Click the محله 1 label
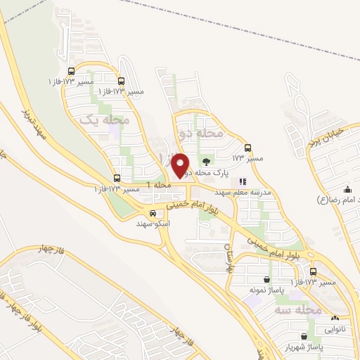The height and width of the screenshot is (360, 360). pyautogui.click(x=159, y=185)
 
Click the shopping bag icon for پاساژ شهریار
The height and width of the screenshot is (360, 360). pyautogui.click(x=303, y=337)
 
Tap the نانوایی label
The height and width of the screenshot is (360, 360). pyautogui.click(x=335, y=328)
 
